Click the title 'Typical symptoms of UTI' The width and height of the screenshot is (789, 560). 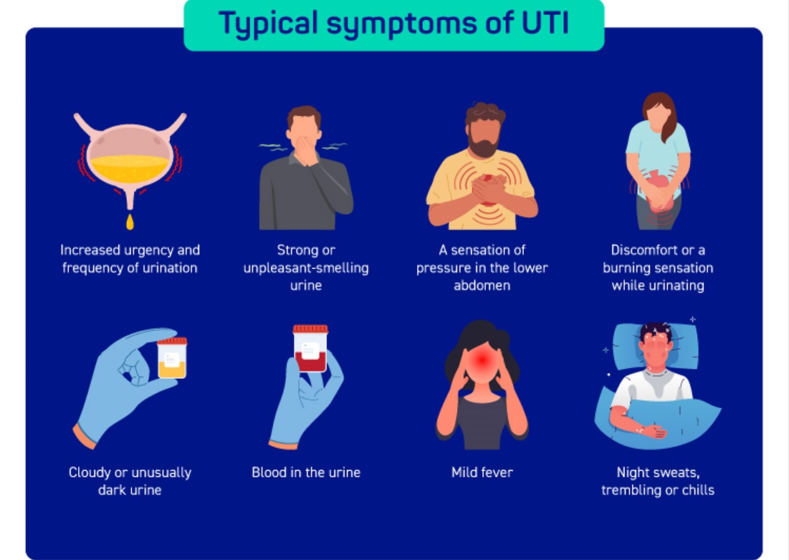pyautogui.click(x=393, y=24)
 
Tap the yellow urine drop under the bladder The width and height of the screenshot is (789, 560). pyautogui.click(x=130, y=222)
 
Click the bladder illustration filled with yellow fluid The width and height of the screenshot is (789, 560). pyautogui.click(x=130, y=158)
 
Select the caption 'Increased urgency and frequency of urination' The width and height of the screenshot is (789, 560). pyautogui.click(x=130, y=259)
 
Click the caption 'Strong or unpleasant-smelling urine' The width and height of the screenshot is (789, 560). pyautogui.click(x=306, y=268)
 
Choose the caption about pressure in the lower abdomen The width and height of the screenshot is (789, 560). pyautogui.click(x=482, y=268)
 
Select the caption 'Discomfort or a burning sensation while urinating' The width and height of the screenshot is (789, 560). pyautogui.click(x=657, y=268)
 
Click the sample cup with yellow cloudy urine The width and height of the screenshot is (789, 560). pyautogui.click(x=172, y=358)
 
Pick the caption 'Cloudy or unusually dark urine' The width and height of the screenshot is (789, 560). pyautogui.click(x=130, y=481)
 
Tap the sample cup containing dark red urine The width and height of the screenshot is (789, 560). pyautogui.click(x=310, y=349)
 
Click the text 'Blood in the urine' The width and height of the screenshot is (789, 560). pyautogui.click(x=306, y=473)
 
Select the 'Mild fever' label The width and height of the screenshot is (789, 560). pyautogui.click(x=482, y=473)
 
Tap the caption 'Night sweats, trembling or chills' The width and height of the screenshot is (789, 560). pyautogui.click(x=657, y=481)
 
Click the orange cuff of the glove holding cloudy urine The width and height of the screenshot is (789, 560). pyautogui.click(x=85, y=435)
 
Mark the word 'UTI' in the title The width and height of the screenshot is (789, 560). pyautogui.click(x=543, y=24)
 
